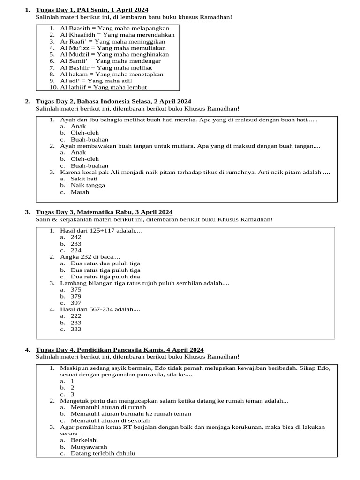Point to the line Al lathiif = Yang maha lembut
[x=103, y=87]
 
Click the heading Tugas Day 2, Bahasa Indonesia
[x=113, y=101]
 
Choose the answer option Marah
[x=80, y=192]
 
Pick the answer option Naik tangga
[x=88, y=185]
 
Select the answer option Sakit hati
[x=84, y=179]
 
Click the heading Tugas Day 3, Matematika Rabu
[x=104, y=212]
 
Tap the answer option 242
[x=76, y=237]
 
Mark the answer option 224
[x=76, y=250]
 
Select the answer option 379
[x=76, y=296]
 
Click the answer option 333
[x=76, y=329]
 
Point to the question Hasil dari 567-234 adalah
[x=100, y=309]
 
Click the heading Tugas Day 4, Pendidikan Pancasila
[x=120, y=350]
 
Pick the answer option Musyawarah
[x=89, y=447]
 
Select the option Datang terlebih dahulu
[x=103, y=453]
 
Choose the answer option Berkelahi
[x=84, y=440]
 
